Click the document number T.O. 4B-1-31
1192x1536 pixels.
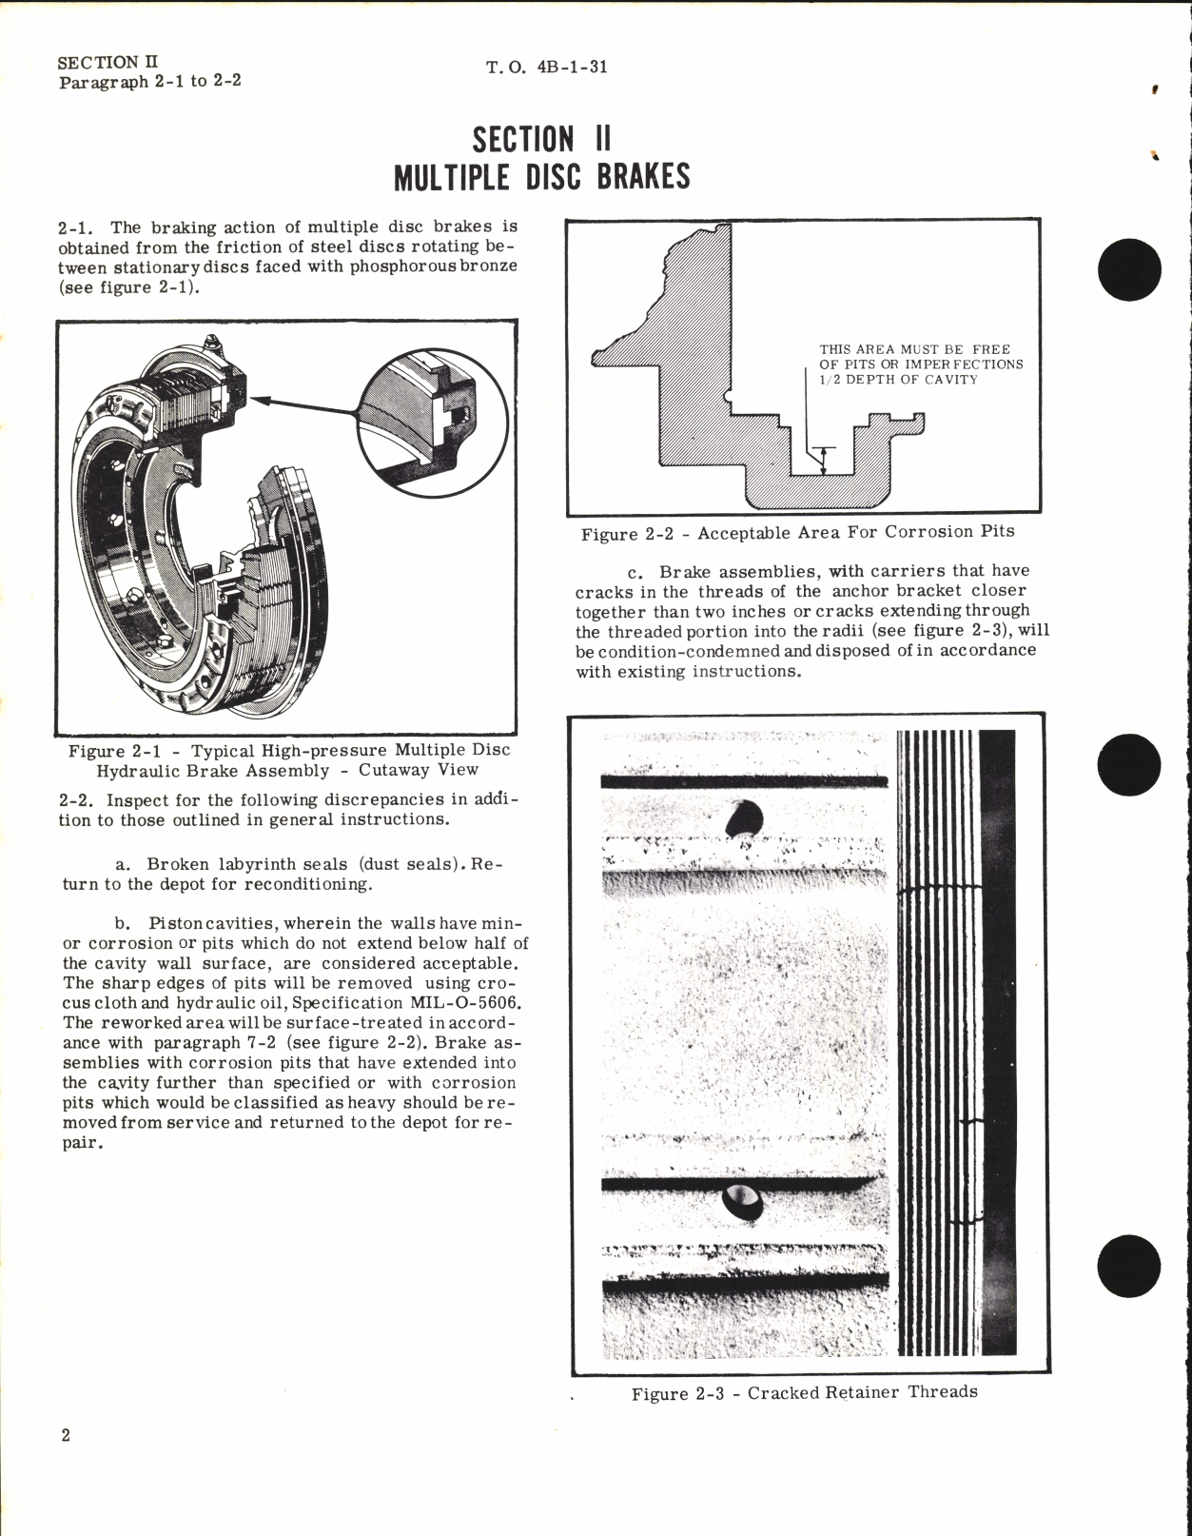546,68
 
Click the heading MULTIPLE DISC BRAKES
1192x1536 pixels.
541,178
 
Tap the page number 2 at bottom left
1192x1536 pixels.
65,1435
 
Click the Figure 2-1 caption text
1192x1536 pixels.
288,759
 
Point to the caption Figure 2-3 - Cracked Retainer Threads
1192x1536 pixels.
804,1393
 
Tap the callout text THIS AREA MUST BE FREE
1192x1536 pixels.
914,349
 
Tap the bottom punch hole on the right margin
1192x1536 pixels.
1129,1265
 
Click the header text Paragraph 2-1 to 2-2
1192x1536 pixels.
149,82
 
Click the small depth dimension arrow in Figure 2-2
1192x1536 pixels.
824,460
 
